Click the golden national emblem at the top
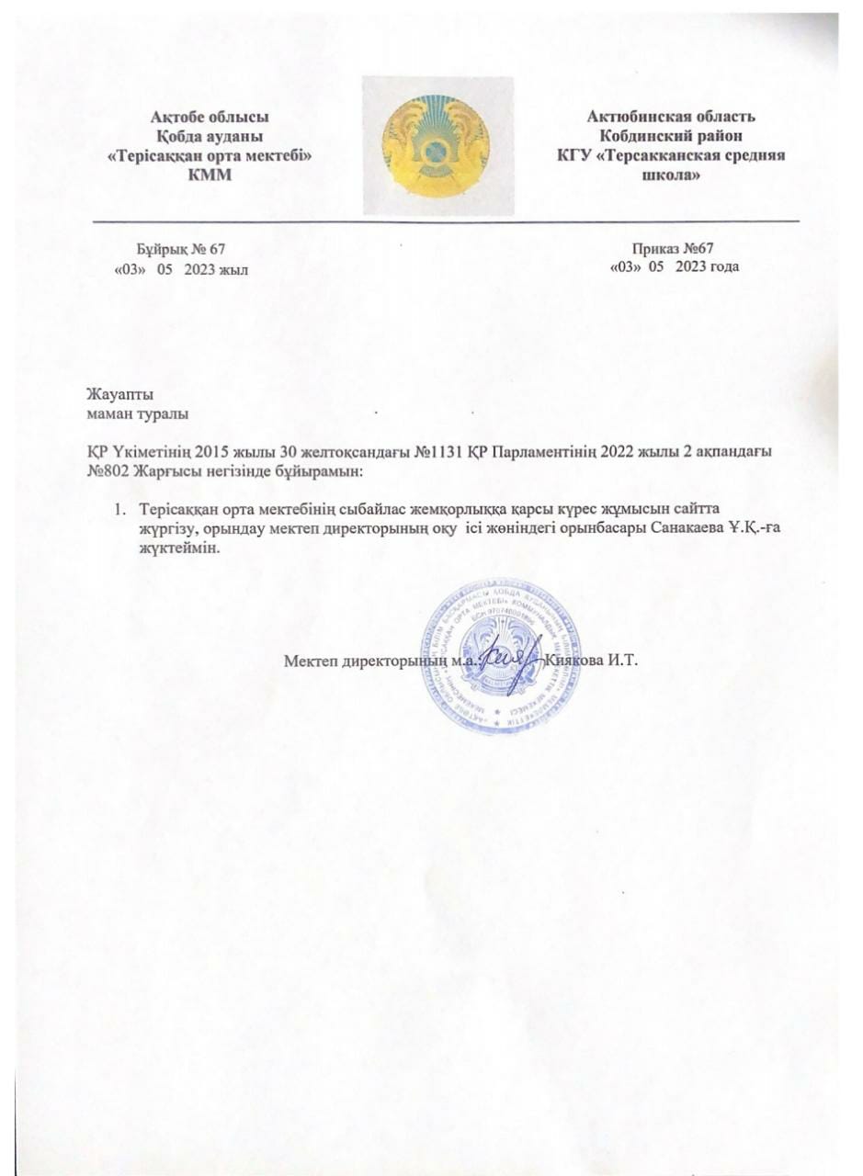tap(436, 145)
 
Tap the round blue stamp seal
tap(503, 655)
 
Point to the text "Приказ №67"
tap(674, 248)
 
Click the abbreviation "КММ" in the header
tap(210, 175)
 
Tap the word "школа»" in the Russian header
tap(670, 175)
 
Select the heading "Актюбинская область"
tap(671, 117)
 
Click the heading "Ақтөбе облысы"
tap(210, 117)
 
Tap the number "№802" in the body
tap(108, 471)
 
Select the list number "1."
tap(119, 508)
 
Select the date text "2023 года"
tap(708, 266)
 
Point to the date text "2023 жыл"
tap(216, 268)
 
